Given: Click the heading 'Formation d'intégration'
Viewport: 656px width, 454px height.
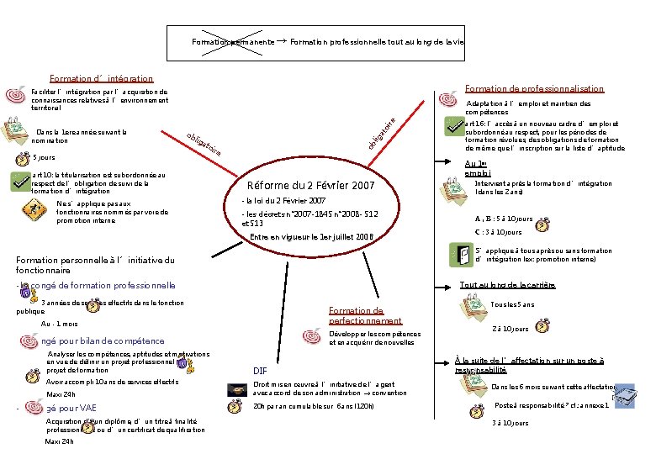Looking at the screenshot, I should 102,78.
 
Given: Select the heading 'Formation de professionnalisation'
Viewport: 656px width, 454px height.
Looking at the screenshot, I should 534,88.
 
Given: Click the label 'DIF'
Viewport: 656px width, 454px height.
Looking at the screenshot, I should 260,370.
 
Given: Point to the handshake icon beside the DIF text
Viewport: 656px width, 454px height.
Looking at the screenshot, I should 235,388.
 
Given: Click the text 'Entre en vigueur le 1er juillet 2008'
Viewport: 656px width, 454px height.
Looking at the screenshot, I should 311,236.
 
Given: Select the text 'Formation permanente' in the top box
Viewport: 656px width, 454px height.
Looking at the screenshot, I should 232,42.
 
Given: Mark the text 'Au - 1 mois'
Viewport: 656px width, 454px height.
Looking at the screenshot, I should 59,324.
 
